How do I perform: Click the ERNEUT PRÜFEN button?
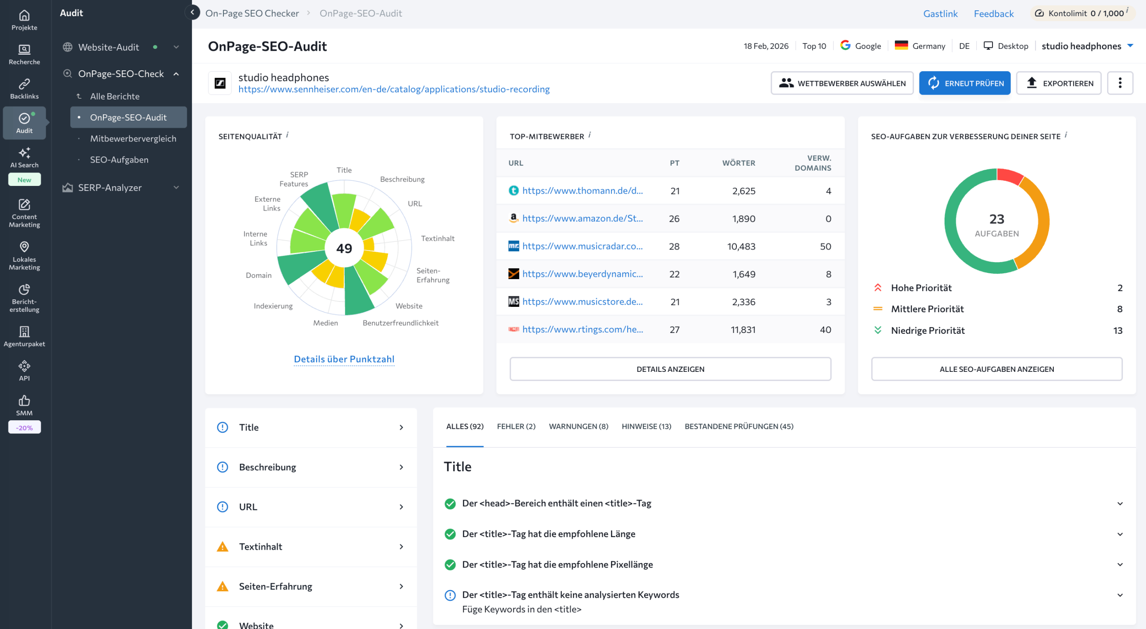point(965,83)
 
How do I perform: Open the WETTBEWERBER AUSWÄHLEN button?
point(842,83)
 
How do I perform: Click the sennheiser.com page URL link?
point(394,89)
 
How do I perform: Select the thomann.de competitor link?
point(582,191)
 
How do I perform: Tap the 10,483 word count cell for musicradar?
point(741,246)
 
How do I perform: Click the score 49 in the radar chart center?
point(344,248)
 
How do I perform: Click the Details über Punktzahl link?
point(344,359)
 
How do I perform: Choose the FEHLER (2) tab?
point(516,427)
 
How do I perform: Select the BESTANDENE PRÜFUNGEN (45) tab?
point(739,427)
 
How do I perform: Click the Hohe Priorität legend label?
point(921,288)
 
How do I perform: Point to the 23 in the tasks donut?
point(996,219)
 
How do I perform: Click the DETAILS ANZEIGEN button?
point(670,369)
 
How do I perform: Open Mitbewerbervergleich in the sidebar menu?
point(133,139)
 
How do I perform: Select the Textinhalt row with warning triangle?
point(311,547)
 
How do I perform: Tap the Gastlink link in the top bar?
point(940,13)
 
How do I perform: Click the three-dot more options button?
point(1120,83)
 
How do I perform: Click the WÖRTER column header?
point(739,163)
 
